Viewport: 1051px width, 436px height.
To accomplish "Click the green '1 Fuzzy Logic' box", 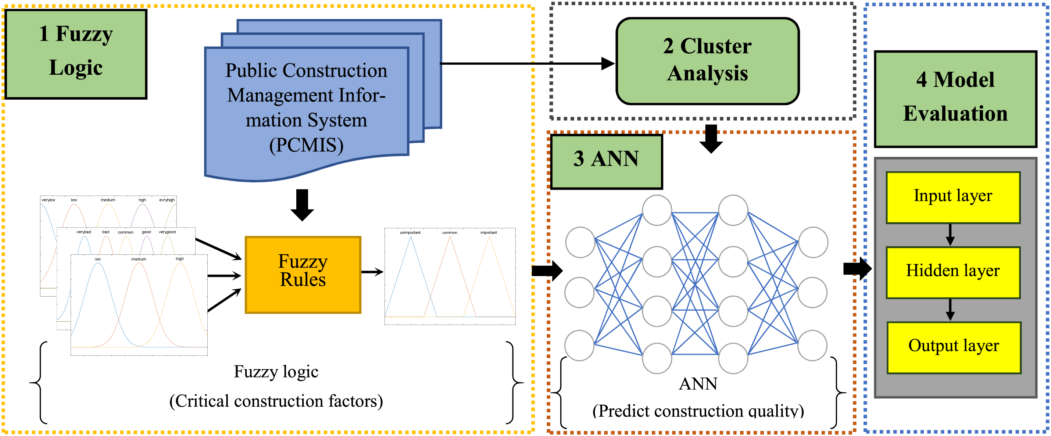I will tap(75, 54).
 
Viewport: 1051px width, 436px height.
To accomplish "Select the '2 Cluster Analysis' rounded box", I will tap(707, 61).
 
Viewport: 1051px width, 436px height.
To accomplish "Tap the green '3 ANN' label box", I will tap(606, 161).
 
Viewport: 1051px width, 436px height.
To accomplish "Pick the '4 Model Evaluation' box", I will tap(955, 99).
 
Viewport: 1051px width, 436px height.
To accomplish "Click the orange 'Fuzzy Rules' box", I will tap(303, 275).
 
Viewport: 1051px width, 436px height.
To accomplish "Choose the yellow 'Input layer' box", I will tap(953, 197).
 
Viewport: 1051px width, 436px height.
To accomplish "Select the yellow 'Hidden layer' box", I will tap(953, 272).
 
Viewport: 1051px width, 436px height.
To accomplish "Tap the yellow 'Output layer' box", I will tap(954, 347).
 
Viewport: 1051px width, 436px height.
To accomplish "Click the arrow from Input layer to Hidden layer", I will tap(950, 235).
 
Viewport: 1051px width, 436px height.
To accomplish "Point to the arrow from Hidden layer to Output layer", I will tap(950, 310).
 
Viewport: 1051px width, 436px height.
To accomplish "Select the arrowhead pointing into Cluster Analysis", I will tap(608, 64).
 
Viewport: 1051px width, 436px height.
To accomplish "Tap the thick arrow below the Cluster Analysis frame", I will tap(711, 139).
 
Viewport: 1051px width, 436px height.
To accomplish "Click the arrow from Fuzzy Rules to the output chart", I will tap(372, 272).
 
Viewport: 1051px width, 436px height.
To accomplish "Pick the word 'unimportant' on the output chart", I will tap(410, 232).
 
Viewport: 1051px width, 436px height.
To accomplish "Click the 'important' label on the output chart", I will tap(489, 232).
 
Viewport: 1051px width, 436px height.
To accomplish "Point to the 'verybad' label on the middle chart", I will tap(84, 232).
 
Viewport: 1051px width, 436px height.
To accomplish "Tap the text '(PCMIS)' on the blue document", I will tap(306, 145).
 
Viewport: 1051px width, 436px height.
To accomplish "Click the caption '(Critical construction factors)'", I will tap(276, 401).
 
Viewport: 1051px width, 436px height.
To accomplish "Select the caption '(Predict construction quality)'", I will tap(698, 410).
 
